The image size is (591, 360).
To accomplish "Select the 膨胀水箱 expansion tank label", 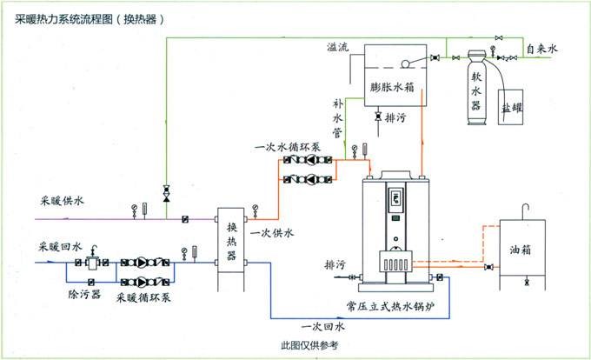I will click(392, 87).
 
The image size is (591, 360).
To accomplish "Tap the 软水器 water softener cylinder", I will click(475, 86).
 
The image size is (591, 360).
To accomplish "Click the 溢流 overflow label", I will click(338, 47).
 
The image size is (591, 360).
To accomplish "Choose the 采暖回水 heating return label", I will click(60, 247).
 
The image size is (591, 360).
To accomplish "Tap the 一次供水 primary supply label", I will click(272, 233).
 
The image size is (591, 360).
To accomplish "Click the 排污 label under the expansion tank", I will click(397, 116).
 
